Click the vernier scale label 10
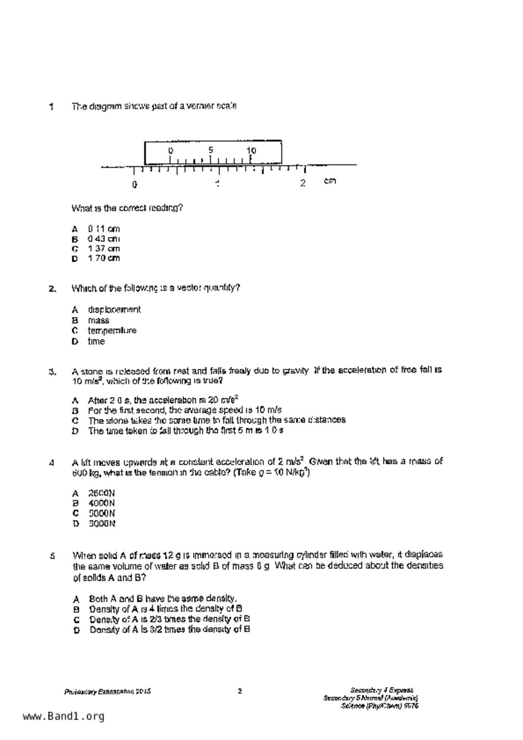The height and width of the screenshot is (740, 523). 251,150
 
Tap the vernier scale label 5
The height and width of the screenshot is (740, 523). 211,150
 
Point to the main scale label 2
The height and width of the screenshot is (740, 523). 303,183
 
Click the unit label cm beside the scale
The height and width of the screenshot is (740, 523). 330,181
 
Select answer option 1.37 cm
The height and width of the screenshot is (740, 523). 103,248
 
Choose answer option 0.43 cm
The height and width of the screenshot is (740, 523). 103,239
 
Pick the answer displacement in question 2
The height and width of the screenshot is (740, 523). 114,310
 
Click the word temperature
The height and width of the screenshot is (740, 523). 112,331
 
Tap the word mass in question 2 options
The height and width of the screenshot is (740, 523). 98,320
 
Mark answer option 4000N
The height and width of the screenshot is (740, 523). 101,503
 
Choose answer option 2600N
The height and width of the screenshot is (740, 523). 101,493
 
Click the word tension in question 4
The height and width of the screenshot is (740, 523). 161,473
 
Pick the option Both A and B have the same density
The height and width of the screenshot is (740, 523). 163,599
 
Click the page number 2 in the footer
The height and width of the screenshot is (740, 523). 240,691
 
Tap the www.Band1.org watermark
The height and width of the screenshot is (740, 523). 63,716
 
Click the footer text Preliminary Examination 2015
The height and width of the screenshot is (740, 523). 108,692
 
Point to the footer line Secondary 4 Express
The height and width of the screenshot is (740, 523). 382,690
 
